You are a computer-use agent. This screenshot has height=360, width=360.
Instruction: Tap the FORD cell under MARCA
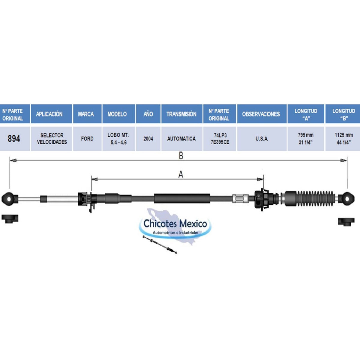[87, 139]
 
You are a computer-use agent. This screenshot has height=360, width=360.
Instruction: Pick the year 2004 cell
[148, 139]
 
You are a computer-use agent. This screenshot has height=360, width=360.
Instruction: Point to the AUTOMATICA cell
[182, 139]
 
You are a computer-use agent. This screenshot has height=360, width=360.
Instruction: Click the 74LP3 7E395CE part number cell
[220, 139]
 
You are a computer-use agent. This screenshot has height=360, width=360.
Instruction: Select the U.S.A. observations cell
[262, 139]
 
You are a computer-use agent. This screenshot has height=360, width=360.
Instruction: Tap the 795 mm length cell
[306, 139]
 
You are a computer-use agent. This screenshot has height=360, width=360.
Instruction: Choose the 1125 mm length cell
[343, 139]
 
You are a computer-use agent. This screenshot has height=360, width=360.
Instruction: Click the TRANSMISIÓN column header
[182, 114]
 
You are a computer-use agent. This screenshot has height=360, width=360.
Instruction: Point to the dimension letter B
[181, 156]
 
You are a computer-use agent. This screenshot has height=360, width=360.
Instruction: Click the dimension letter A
[181, 175]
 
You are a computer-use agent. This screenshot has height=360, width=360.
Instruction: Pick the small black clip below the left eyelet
[10, 219]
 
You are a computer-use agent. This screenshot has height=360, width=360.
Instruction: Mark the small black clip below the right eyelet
[346, 222]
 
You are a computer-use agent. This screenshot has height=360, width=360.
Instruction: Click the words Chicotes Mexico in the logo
[175, 224]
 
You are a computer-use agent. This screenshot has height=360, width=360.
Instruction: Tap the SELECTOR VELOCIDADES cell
[52, 139]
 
